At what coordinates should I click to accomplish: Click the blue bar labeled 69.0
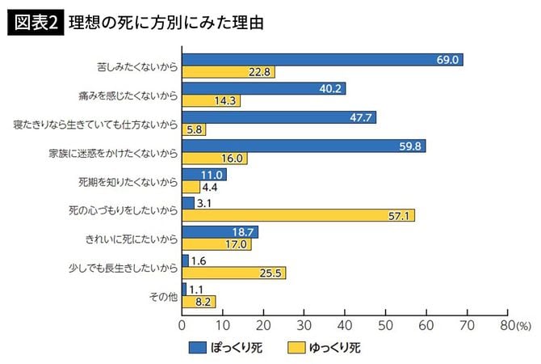point(322,60)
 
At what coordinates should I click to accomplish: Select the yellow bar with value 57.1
point(299,215)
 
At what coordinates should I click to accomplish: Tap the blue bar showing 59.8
point(304,146)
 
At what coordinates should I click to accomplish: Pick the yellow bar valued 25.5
point(234,273)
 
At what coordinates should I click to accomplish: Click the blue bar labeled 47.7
point(279,117)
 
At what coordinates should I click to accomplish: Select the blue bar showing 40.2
point(264,88)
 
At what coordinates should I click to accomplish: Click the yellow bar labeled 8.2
point(199,302)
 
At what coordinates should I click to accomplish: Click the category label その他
point(163,296)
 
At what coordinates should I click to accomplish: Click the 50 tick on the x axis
point(385,324)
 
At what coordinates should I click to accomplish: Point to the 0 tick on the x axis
point(182,324)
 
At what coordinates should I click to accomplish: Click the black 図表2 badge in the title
point(34,23)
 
